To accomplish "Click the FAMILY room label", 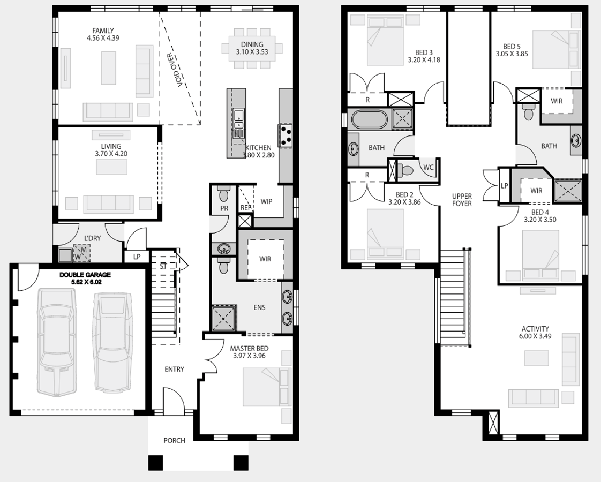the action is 103,31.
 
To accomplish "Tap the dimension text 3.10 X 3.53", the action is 252,52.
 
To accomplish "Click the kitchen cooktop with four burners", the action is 285,135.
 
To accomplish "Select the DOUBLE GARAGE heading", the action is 85,275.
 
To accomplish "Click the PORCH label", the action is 175,441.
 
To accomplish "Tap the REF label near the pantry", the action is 246,208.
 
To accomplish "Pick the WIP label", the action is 266,201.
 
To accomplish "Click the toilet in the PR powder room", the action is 223,194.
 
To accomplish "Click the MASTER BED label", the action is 249,348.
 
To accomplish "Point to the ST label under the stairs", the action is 163,266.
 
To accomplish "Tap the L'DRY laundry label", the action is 92,238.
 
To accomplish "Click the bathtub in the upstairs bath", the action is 370,119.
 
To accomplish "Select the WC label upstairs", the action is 428,167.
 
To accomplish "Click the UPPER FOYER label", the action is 462,200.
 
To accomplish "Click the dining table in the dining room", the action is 252,48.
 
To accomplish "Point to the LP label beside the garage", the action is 137,257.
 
